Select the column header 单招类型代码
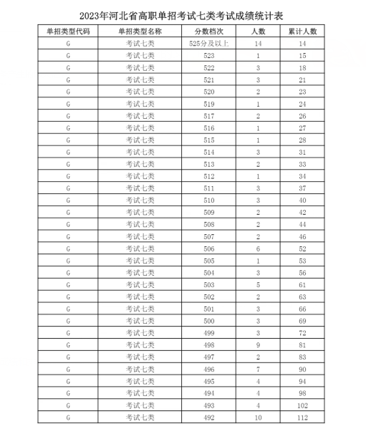69,32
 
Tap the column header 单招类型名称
140,32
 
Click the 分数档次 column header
209,32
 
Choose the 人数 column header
258,32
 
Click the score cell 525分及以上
209,44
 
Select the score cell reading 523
209,56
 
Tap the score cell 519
209,104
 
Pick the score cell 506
209,248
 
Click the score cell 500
209,320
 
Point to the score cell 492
209,416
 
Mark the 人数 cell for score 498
258,344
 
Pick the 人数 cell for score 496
258,368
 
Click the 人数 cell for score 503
258,284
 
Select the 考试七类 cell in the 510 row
140,200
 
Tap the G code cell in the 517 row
69,116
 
